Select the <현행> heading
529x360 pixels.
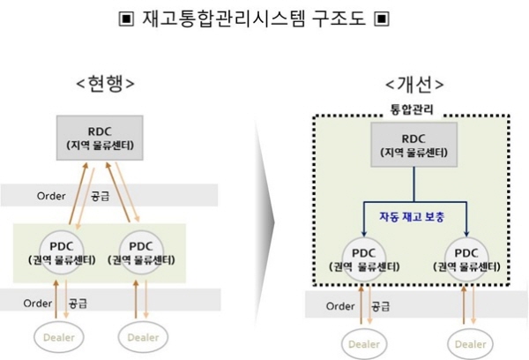point(105,85)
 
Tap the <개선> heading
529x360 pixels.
point(414,85)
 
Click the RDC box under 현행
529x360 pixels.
point(106,138)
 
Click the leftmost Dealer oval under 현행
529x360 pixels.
point(63,336)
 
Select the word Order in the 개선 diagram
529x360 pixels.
point(340,306)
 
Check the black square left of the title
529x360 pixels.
point(125,18)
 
